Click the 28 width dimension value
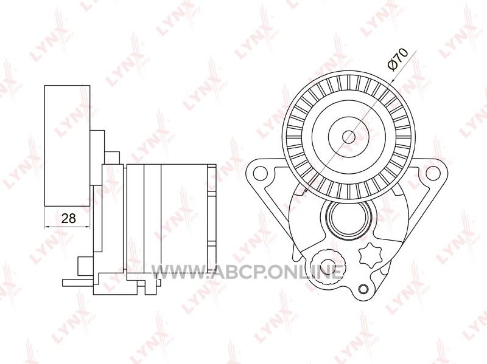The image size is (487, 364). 69,218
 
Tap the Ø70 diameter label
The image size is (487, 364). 398,60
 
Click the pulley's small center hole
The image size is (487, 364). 349,136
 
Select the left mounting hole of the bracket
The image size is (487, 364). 261,173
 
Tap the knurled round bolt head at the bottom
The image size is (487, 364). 324,262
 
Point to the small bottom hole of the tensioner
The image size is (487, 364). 363,289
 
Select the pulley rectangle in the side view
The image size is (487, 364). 68,146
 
